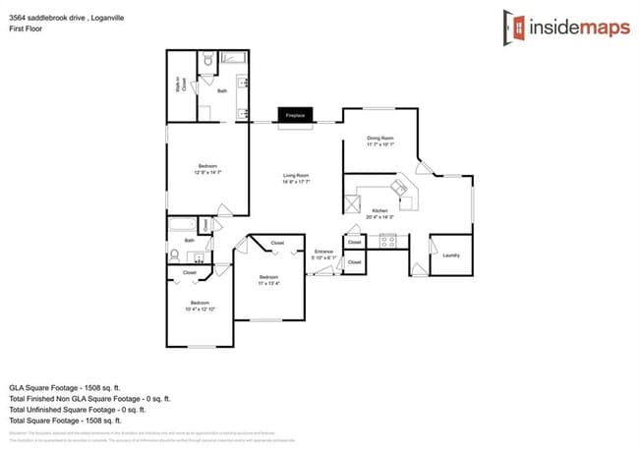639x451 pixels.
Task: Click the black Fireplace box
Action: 295,116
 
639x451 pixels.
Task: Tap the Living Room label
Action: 296,179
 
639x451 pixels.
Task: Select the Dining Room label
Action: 380,141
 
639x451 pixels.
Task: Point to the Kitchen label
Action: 379,214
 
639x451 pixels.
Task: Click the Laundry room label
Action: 451,255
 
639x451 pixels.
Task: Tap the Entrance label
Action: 324,254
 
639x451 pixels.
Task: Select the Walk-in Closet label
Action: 179,86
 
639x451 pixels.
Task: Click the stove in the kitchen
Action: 387,239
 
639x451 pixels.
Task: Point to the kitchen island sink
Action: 399,186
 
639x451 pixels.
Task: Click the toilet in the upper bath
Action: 206,64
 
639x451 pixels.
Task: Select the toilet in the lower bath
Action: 174,255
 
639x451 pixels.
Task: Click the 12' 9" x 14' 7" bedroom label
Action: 207,169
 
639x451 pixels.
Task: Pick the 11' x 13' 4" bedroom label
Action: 268,280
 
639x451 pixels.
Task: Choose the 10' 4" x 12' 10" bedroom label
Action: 200,305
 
